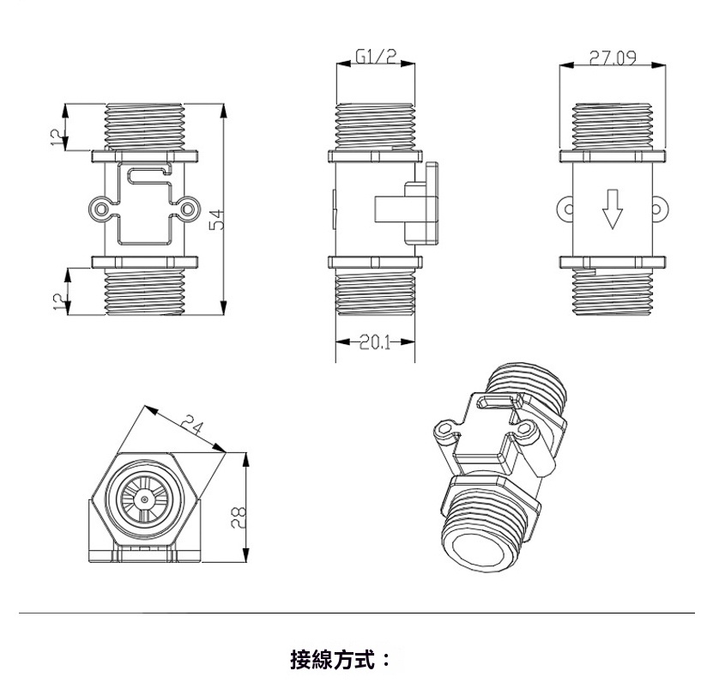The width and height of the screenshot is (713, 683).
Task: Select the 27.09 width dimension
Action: pyautogui.click(x=613, y=57)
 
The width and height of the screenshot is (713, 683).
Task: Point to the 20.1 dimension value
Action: pyautogui.click(x=375, y=342)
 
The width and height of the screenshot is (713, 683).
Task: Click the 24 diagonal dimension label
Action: pyautogui.click(x=192, y=425)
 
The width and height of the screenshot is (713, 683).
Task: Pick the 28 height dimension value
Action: pyautogui.click(x=239, y=517)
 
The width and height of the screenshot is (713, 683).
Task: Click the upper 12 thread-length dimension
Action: pyautogui.click(x=57, y=137)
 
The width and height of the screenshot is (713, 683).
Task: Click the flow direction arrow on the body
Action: pyautogui.click(x=612, y=209)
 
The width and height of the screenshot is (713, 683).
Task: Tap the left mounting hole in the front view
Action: pyautogui.click(x=100, y=209)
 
